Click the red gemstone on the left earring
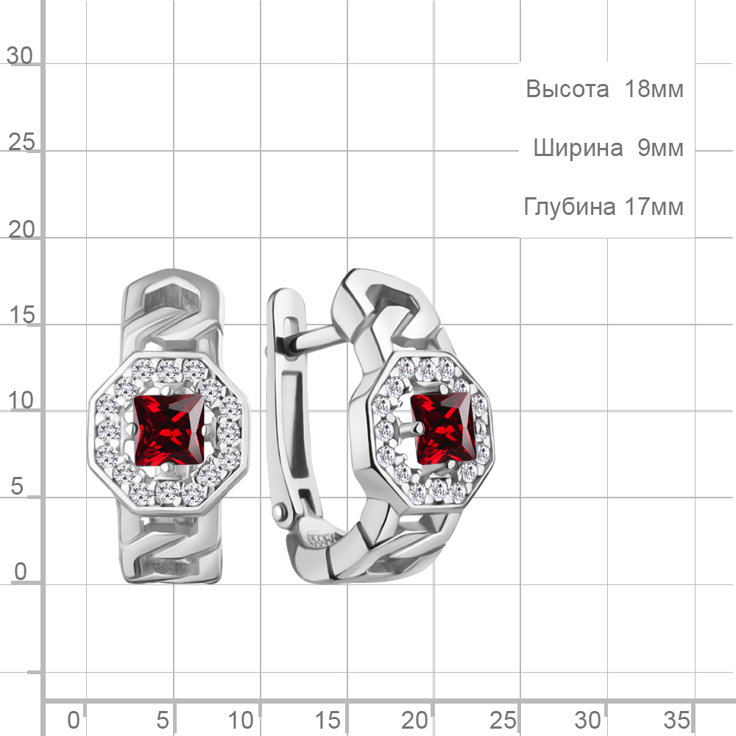169,429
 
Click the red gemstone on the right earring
444,429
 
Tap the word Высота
567,89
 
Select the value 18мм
654,89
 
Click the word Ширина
578,148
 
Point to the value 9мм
660,148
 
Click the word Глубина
570,207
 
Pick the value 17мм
654,207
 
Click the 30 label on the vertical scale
20,56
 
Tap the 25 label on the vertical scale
21,142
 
